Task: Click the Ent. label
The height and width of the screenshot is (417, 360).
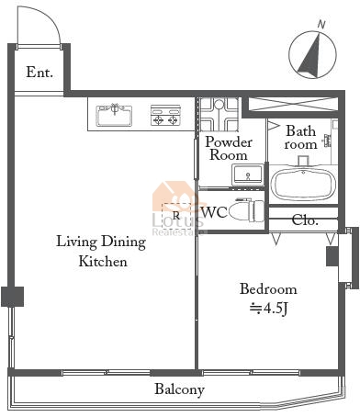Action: [x=39, y=73]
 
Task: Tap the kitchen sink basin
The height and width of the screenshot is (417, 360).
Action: [x=114, y=116]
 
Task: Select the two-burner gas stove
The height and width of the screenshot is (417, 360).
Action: [x=165, y=116]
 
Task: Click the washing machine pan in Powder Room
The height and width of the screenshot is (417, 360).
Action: [x=219, y=114]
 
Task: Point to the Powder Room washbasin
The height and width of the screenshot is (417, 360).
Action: [x=247, y=175]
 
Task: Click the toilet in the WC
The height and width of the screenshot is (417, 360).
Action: [x=246, y=210]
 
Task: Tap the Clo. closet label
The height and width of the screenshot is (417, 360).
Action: [x=305, y=220]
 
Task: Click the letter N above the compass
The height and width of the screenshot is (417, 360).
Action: [x=321, y=25]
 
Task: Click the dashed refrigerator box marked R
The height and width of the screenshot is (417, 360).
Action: [x=176, y=216]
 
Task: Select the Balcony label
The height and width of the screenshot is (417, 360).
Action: [x=179, y=389]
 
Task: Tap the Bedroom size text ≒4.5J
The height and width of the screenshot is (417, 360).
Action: [x=268, y=309]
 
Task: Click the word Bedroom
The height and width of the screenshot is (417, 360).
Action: [x=268, y=289]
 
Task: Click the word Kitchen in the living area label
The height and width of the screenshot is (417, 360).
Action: [x=103, y=262]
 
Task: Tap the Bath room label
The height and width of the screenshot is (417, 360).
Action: [x=300, y=138]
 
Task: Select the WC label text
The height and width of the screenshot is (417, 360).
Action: [x=214, y=212]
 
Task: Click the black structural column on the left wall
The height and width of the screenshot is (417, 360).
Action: [x=13, y=297]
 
